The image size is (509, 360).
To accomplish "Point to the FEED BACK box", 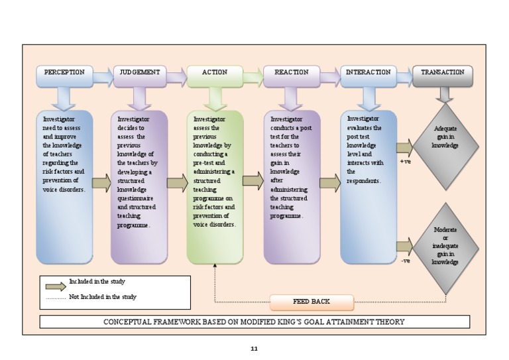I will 311,302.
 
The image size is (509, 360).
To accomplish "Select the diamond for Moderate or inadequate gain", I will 445,247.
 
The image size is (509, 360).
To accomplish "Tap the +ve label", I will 406,161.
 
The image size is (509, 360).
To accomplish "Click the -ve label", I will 406,261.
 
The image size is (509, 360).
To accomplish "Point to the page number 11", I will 254,349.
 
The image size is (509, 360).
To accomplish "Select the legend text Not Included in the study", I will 102,297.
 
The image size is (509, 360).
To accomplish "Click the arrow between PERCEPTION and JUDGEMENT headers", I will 103,78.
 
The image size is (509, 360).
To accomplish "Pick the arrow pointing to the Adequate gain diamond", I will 404,147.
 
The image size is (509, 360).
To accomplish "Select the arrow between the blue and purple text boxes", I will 101,184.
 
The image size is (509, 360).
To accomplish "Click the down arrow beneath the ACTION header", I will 215,99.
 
